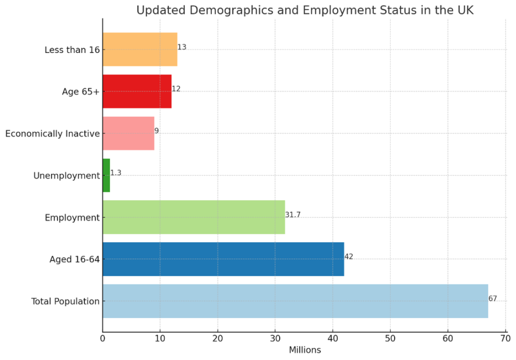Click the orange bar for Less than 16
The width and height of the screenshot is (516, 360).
tap(140, 49)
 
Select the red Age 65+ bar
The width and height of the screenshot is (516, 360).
tap(137, 91)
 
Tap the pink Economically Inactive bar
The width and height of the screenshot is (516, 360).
tap(128, 133)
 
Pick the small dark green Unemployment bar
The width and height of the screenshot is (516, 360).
tap(106, 175)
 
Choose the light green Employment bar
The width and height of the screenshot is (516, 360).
tap(193, 217)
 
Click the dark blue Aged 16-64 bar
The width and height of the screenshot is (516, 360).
tap(223, 259)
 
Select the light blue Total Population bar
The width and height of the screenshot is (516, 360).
tap(295, 301)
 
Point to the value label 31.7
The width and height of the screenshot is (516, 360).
tap(293, 215)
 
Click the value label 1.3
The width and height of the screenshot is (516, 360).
tap(115, 173)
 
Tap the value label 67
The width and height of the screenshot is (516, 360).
tap(492, 299)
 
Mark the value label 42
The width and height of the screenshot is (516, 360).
tap(349, 257)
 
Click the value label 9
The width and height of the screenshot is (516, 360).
tap(156, 131)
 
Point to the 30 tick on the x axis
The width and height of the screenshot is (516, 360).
tap(275, 338)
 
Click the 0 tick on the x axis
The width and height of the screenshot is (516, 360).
tap(103, 338)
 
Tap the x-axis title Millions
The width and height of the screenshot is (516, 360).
tap(304, 350)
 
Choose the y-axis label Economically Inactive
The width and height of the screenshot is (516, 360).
tap(52, 134)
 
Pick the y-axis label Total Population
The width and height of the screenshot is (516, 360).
tap(65, 302)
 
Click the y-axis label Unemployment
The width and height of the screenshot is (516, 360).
tap(67, 176)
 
